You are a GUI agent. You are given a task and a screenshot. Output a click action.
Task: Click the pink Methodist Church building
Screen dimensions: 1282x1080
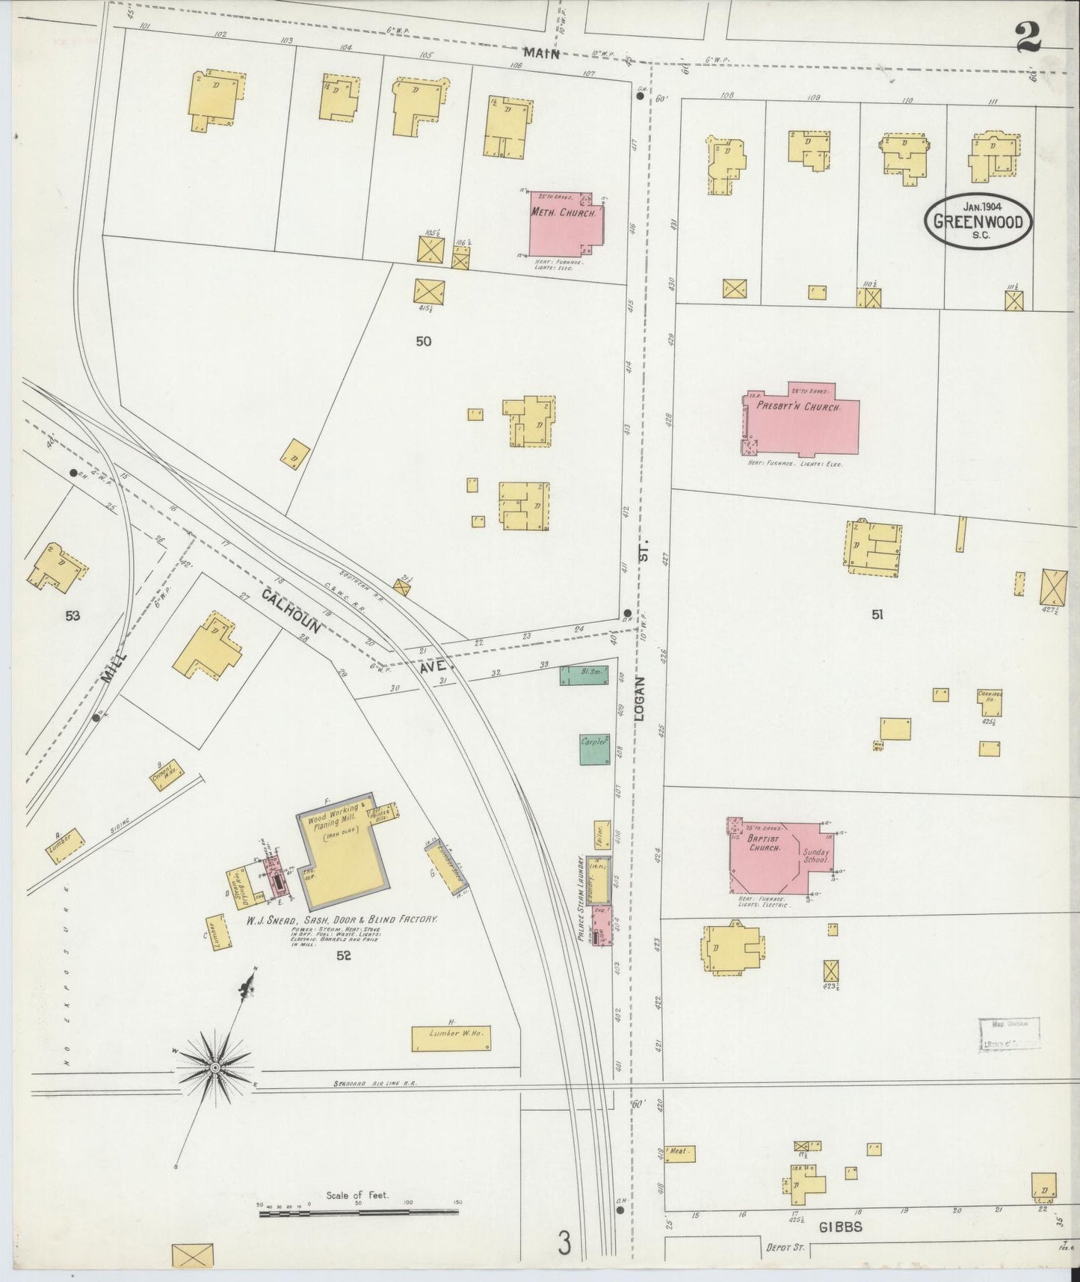coord(564,222)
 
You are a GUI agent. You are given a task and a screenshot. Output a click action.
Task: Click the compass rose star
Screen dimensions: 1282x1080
coord(215,1067)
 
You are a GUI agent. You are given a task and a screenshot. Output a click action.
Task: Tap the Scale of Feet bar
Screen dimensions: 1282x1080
coord(359,1212)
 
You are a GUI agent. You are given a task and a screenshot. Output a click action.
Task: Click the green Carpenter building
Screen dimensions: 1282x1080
coord(595,748)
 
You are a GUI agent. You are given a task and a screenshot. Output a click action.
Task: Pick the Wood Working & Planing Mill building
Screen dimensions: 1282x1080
coord(342,845)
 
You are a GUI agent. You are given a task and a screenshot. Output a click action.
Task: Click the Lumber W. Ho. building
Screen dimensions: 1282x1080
coord(451,1038)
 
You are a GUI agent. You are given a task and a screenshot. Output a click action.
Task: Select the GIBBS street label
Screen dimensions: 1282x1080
coord(841,1227)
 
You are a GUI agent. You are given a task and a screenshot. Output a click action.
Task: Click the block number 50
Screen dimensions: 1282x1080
coord(424,341)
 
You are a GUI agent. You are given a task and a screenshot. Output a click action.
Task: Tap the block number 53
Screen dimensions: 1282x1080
coord(72,616)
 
